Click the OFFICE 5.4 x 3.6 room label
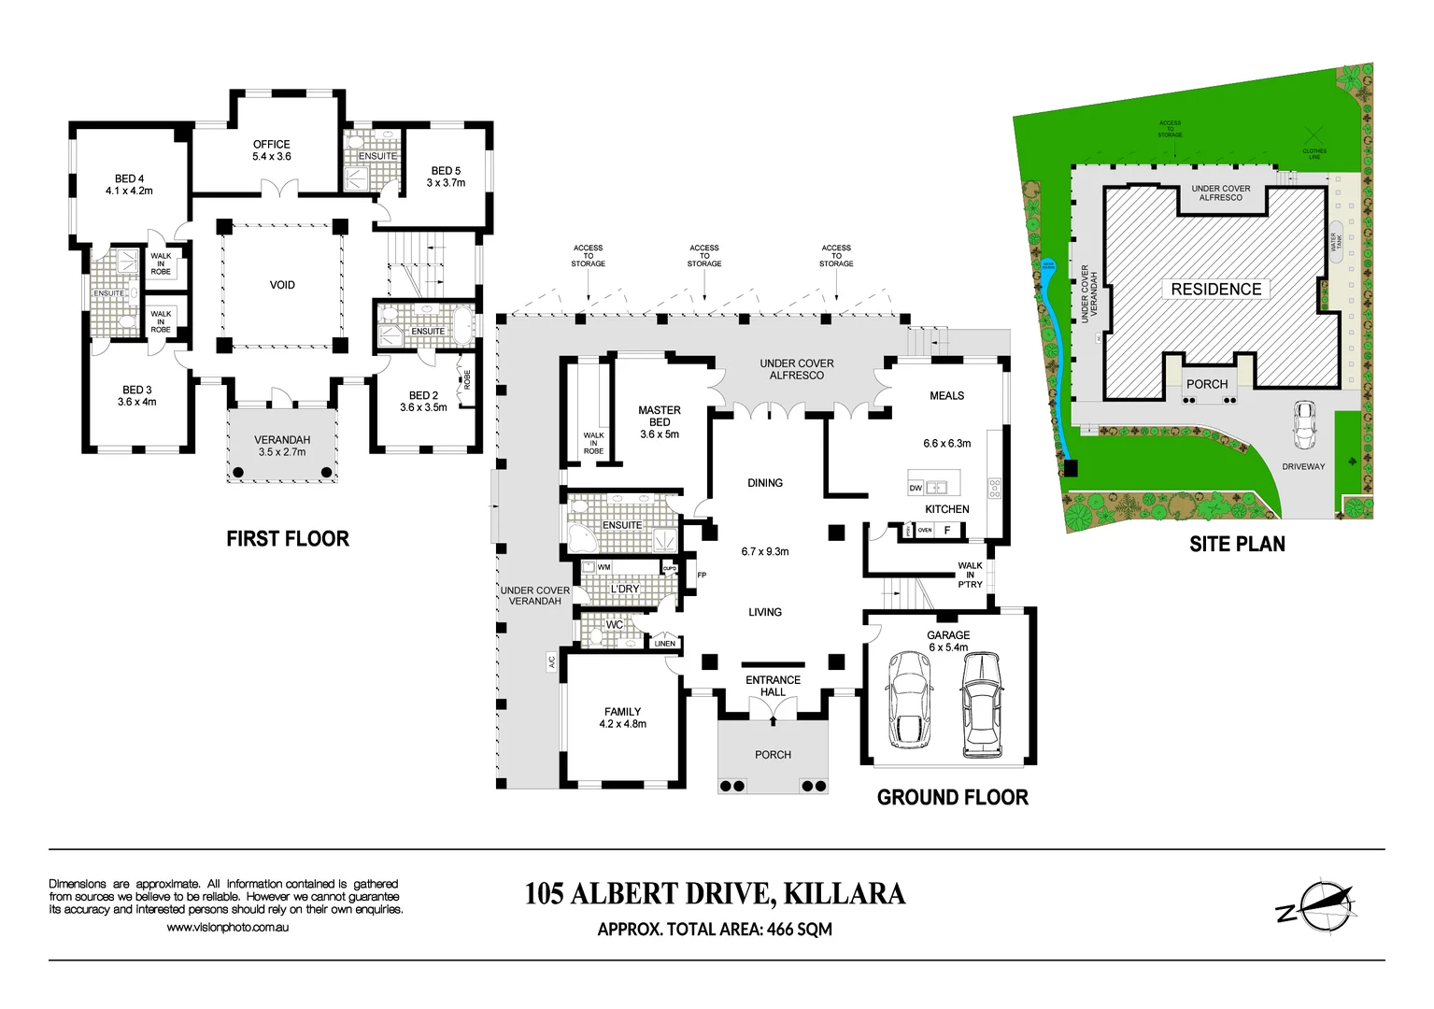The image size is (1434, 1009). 271,150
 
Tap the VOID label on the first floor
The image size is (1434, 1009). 282,285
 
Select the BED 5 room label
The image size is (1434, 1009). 446,177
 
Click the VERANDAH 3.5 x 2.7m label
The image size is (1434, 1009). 282,446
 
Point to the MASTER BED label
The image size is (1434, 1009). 660,421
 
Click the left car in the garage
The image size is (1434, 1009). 908,699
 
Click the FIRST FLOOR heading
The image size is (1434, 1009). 288,539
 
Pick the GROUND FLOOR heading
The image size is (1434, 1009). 952,797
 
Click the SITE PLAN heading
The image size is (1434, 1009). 1237,544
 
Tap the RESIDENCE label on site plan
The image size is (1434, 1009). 1215,289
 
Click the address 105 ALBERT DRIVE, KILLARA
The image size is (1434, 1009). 715,894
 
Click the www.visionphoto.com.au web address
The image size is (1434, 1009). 227,928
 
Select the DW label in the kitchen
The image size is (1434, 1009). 916,489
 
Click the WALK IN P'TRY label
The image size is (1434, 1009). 970,575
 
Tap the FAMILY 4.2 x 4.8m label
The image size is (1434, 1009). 622,718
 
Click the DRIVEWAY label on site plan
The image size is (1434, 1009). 1302,466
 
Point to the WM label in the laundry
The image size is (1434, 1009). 604,567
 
